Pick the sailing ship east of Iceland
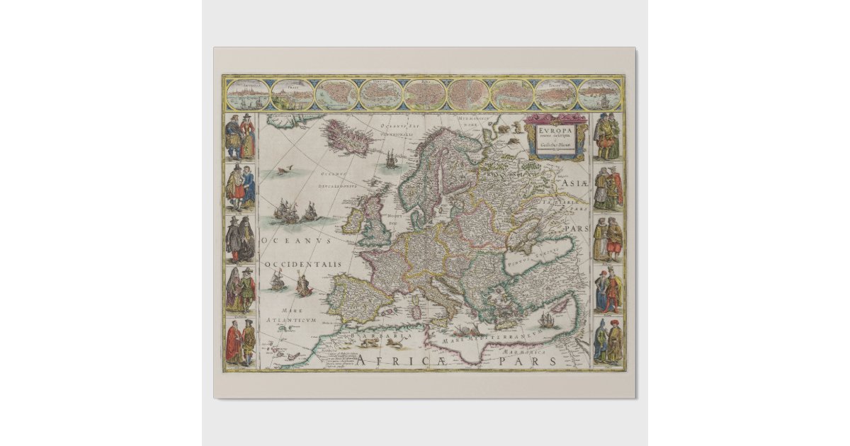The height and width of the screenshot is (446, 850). (390, 160)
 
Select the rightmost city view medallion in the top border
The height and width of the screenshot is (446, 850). (600, 95)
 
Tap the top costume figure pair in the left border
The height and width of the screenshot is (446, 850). (239, 135)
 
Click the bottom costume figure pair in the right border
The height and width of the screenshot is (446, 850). (608, 341)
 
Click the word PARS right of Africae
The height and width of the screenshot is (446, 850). (531, 361)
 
